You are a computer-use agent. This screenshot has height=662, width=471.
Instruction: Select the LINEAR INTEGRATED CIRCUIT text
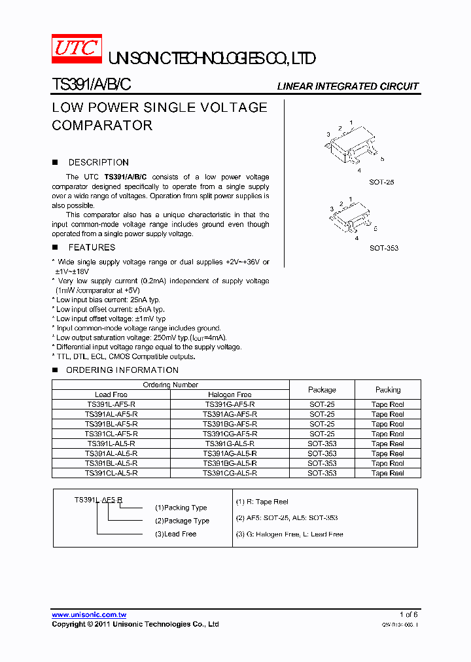(347, 86)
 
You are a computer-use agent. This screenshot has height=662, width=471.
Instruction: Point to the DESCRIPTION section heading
(98, 162)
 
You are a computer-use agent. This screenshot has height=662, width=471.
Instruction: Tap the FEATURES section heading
(92, 247)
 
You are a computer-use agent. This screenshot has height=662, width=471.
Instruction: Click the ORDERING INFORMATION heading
(113, 370)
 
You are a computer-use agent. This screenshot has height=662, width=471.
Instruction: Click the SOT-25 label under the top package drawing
(381, 182)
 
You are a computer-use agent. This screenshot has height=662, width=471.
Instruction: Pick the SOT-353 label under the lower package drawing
(383, 248)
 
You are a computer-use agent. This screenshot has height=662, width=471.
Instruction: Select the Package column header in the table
(322, 389)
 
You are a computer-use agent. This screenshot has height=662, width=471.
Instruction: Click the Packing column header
(388, 389)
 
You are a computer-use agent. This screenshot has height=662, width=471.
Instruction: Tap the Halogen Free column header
(230, 394)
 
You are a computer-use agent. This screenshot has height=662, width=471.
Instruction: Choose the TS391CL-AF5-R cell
(111, 434)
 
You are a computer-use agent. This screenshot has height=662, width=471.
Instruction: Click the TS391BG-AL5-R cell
(230, 463)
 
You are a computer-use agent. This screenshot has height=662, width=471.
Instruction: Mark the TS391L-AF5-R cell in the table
(111, 404)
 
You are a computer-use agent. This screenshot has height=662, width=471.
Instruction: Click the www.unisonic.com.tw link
(89, 615)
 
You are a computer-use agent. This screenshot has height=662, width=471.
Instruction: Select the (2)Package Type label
(182, 521)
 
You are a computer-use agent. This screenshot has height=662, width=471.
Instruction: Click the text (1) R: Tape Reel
(262, 502)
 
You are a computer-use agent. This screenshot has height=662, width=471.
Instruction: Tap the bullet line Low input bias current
(108, 300)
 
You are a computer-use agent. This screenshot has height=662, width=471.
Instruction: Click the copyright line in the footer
(135, 625)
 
